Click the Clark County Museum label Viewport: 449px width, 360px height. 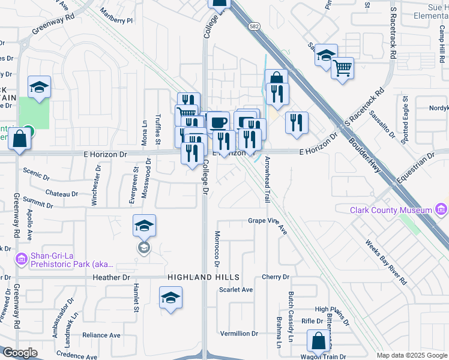[391, 210]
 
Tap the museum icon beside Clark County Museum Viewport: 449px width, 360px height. [442, 209]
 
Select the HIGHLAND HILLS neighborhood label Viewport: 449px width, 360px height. [203, 277]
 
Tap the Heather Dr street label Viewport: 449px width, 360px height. [111, 277]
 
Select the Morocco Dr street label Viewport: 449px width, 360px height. [217, 248]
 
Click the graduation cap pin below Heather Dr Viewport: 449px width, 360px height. [170, 298]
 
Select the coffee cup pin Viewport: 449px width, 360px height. [218, 122]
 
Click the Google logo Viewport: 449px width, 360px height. [20, 353]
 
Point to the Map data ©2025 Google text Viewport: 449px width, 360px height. [411, 355]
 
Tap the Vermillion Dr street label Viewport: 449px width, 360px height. [239, 333]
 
